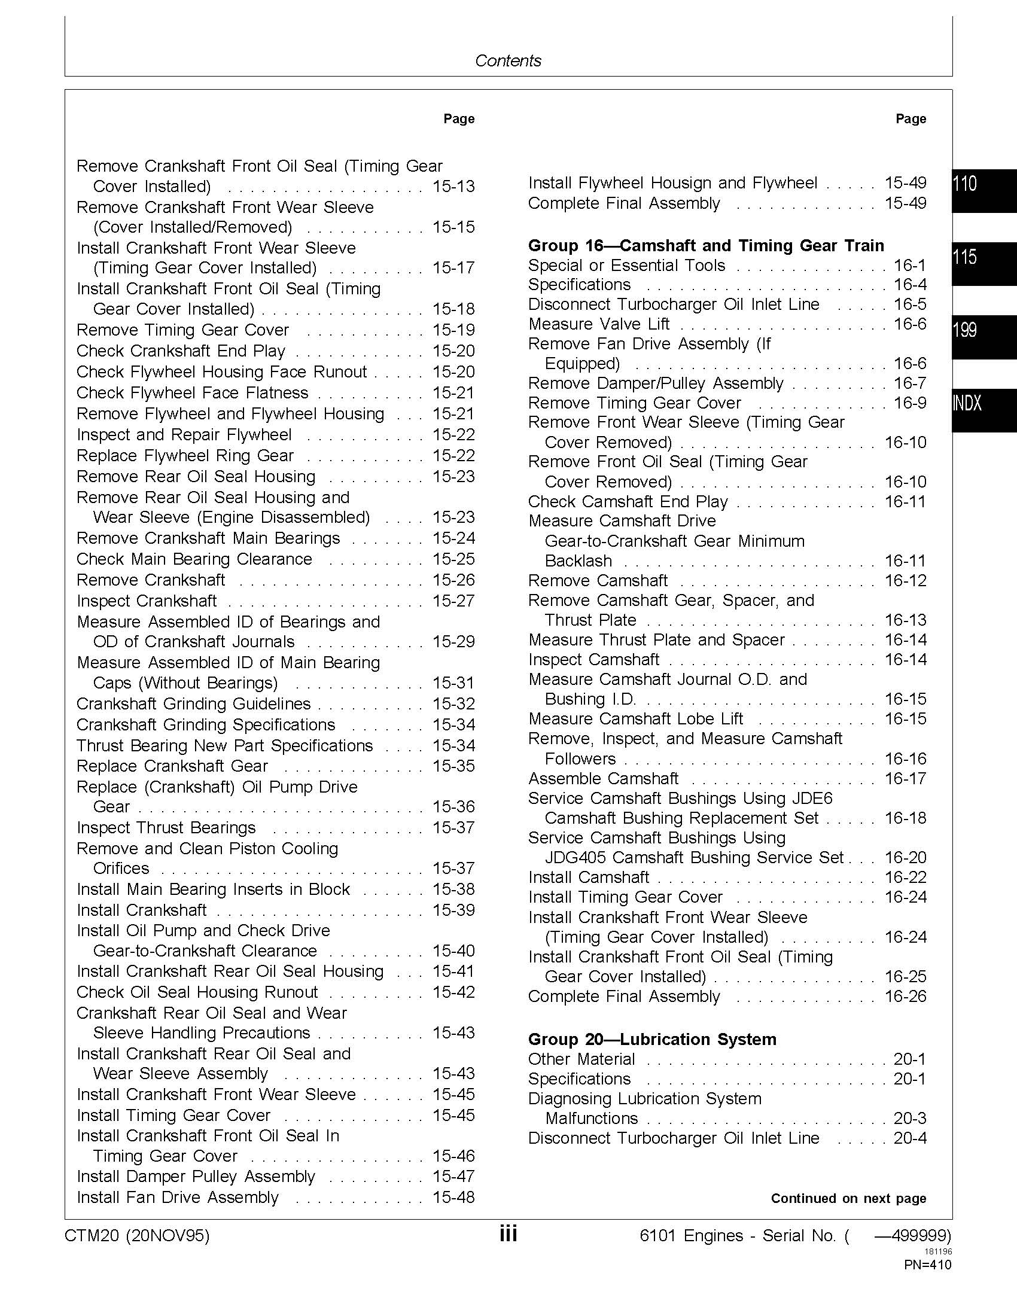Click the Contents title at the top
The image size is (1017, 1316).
[508, 60]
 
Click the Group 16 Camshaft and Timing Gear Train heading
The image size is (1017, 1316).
[705, 245]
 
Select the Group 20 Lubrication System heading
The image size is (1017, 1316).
[652, 1039]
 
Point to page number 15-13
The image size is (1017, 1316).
[453, 186]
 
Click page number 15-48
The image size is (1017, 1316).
[453, 1197]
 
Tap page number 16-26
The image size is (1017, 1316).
[905, 996]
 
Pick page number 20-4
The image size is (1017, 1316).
[910, 1138]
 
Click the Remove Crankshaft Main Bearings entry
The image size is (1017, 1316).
[208, 538]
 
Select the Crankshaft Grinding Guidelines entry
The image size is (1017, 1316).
[193, 703]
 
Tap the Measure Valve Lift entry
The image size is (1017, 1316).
[598, 324]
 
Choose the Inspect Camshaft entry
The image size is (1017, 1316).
[593, 659]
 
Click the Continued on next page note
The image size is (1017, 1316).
[848, 1198]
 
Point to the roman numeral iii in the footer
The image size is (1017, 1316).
[508, 1235]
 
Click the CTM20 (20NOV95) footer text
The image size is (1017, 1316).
[137, 1236]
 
